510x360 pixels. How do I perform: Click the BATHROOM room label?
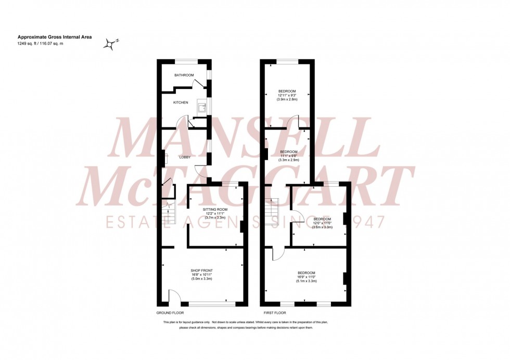click(x=184, y=75)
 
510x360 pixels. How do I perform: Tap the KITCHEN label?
click(x=181, y=102)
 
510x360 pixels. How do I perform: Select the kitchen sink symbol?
click(x=201, y=108)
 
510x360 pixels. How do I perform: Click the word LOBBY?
click(x=184, y=157)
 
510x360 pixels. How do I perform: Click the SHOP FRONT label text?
click(x=202, y=271)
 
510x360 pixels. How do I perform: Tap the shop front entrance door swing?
click(x=174, y=298)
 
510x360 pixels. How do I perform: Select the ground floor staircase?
click(x=168, y=213)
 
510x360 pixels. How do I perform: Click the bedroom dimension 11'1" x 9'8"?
click(x=289, y=156)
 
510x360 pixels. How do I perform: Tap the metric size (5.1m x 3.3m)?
click(x=306, y=281)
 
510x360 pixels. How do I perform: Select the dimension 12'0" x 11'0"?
click(x=321, y=223)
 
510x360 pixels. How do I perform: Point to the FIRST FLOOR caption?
click(x=275, y=314)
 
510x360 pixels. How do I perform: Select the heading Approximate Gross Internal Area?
click(x=48, y=37)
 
